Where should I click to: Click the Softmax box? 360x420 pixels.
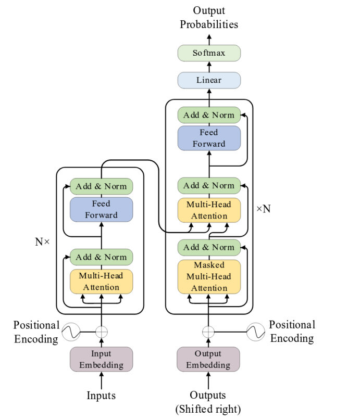click(209, 53)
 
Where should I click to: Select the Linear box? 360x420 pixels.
click(209, 80)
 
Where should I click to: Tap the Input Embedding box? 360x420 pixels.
click(101, 359)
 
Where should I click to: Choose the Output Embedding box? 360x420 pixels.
click(208, 359)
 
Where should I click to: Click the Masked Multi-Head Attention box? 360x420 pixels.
click(209, 277)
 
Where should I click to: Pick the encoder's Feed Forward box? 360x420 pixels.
click(101, 209)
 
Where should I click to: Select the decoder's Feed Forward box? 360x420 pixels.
click(209, 138)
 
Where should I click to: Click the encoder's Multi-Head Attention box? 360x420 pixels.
click(101, 282)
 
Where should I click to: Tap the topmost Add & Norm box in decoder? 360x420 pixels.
click(209, 115)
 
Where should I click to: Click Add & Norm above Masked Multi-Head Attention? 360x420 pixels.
click(209, 248)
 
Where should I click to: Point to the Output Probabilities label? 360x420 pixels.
click(209, 17)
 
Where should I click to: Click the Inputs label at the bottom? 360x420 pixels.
click(101, 396)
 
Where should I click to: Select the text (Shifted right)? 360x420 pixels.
click(208, 409)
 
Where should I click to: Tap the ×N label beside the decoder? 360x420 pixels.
click(264, 209)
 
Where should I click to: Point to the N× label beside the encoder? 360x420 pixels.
click(42, 242)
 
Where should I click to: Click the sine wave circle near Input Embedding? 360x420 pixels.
click(71, 332)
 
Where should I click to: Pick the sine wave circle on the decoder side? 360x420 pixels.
click(256, 332)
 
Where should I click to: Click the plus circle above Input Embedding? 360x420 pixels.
click(101, 332)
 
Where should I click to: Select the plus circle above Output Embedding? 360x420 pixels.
click(208, 332)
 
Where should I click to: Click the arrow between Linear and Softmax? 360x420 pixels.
click(209, 67)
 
